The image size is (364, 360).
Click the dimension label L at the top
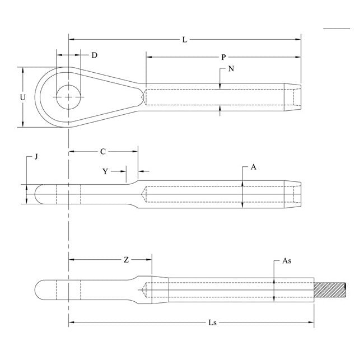[x=185, y=40]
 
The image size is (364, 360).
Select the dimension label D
[x=94, y=55]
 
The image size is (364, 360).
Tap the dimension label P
[x=223, y=57]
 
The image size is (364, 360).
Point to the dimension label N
[x=231, y=69]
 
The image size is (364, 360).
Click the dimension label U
[x=23, y=97]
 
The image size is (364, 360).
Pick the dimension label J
[x=36, y=157]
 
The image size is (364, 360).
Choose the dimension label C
[x=102, y=152]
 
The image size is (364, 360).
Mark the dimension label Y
[x=105, y=171]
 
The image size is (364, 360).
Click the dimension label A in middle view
[x=253, y=167]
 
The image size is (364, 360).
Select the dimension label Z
[x=127, y=260]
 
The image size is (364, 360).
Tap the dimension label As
[x=286, y=261]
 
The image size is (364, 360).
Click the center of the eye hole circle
[x=68, y=97]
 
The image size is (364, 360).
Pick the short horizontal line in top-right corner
[x=337, y=27]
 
